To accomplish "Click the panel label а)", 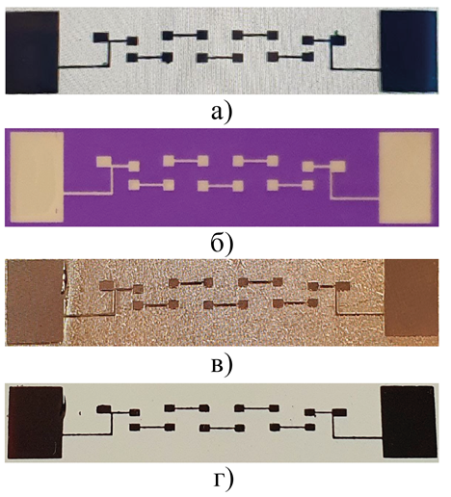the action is point(221,113).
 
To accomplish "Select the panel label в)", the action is point(221,365).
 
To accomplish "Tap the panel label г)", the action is point(223,482).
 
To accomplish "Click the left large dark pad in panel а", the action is point(32,52).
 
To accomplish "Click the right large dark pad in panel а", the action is point(409,51).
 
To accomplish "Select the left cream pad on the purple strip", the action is point(37,177).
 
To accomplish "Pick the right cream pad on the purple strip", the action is point(406,177).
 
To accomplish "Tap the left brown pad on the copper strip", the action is point(35,301).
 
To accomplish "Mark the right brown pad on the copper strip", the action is point(411,298).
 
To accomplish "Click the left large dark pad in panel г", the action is point(35,422).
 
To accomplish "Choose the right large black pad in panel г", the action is point(409,422).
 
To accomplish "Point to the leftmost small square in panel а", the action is point(101,38).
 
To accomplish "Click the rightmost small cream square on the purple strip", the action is point(337,167).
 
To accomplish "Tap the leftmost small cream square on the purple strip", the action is point(104,161).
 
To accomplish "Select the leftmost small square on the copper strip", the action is point(107,285).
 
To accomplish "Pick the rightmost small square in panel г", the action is point(339,412).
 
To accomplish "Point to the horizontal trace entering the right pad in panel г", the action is point(358,437).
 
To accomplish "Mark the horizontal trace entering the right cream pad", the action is point(356,197).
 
